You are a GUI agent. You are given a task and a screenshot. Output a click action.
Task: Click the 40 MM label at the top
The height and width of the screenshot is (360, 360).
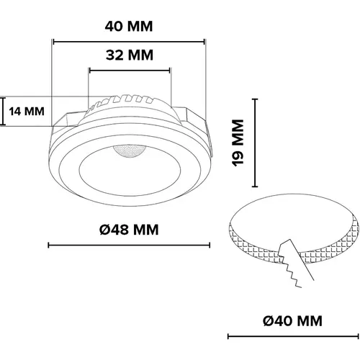tap(130, 26)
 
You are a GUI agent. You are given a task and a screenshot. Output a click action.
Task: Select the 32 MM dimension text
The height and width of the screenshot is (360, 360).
tap(130, 55)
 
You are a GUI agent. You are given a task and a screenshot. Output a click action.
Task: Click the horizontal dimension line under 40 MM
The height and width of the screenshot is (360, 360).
tap(130, 41)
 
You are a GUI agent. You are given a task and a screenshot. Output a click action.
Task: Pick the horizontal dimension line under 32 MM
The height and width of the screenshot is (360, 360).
tap(130, 71)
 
